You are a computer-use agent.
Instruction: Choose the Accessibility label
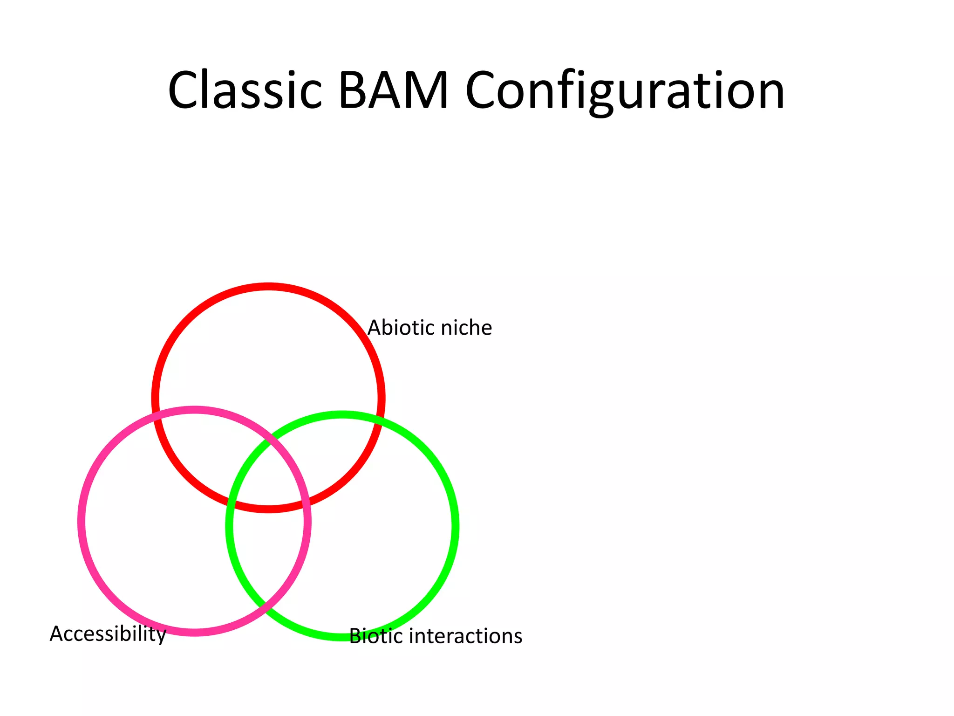pos(108,634)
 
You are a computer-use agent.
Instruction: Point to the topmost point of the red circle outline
pos(269,286)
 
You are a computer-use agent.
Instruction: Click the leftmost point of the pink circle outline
pos(81,521)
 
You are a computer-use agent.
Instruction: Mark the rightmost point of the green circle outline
pos(455,526)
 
